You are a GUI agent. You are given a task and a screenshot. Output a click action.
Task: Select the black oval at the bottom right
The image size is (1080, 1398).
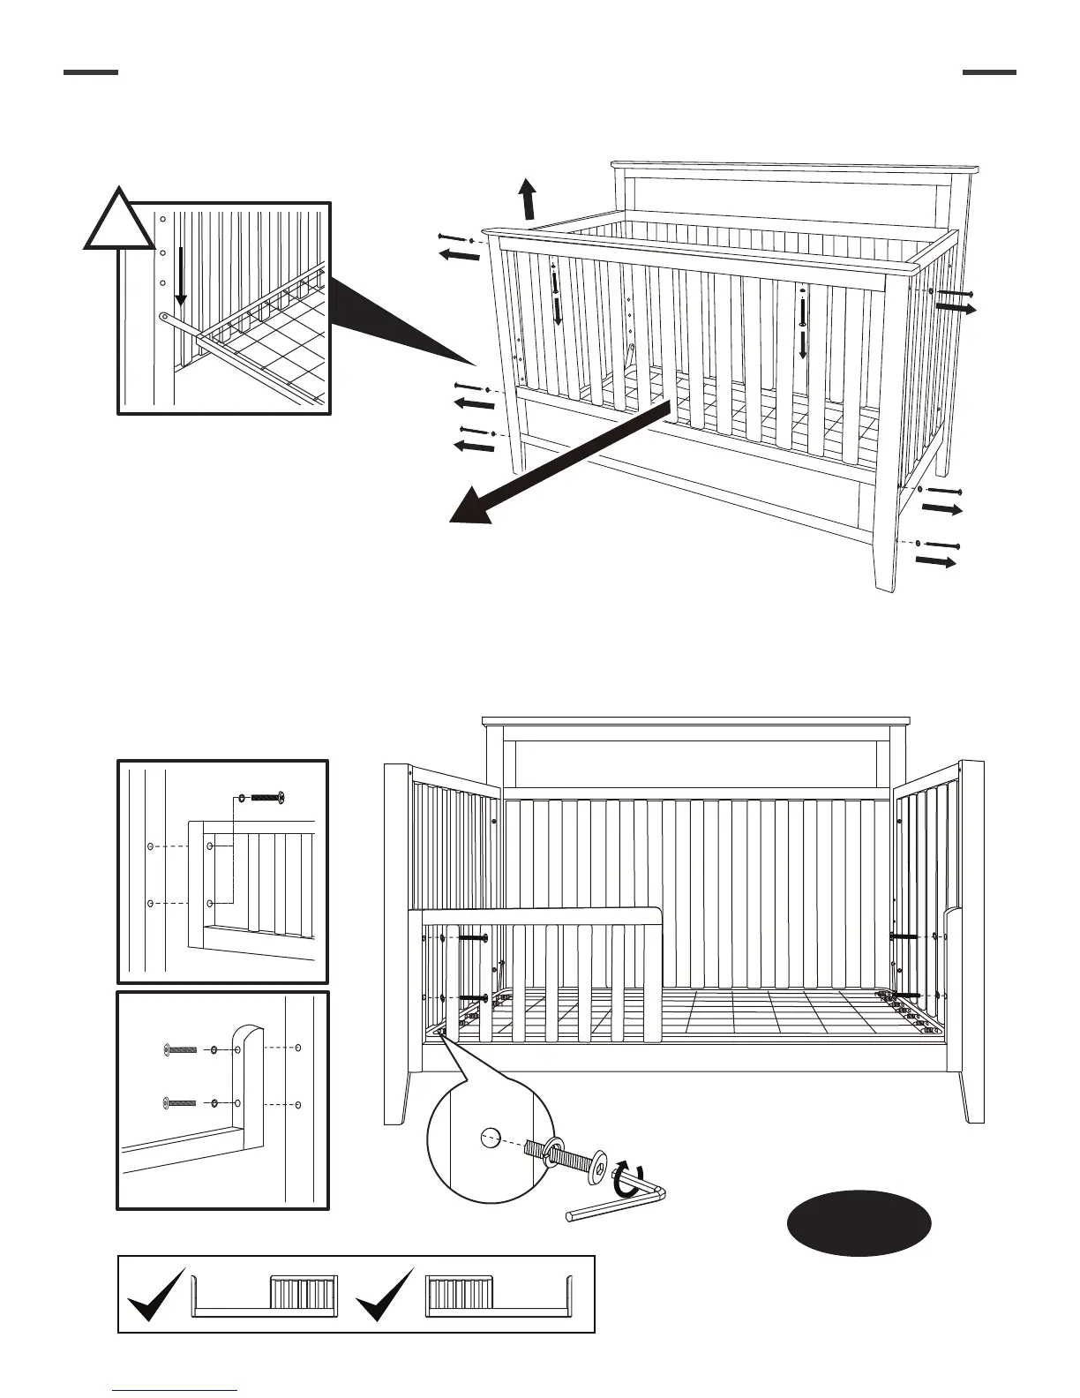click(859, 1223)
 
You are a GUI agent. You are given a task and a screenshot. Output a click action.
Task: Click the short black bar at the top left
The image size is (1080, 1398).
click(91, 72)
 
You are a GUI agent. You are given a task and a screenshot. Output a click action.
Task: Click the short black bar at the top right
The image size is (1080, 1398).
click(989, 72)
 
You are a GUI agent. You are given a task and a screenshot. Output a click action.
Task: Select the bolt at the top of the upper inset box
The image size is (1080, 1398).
click(265, 798)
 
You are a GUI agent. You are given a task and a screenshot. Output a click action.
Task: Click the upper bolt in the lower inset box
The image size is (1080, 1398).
click(182, 1049)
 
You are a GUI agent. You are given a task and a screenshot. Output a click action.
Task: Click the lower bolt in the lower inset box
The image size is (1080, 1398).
click(182, 1103)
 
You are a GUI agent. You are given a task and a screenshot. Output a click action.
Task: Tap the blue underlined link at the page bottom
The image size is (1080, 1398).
click(175, 1390)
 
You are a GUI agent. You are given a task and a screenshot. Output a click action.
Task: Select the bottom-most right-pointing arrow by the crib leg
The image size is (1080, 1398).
click(936, 560)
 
